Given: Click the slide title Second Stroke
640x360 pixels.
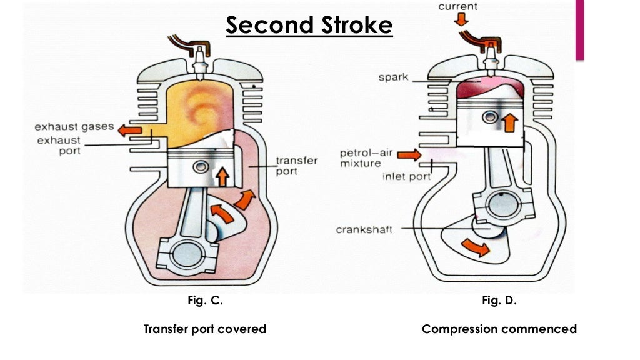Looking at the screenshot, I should coord(309,26).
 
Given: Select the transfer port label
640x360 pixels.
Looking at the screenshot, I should coord(297,166).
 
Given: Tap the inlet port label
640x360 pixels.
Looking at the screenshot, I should coord(407,176).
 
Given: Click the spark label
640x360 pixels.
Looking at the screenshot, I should coord(393,77).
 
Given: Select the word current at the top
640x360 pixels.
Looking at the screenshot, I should coord(457,7).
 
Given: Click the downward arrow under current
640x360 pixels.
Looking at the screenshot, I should coord(461,20).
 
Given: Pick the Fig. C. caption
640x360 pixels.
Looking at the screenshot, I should coord(205,301).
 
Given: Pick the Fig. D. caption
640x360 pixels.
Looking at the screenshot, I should coord(499,301).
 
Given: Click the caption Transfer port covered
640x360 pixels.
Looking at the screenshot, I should coord(205,329).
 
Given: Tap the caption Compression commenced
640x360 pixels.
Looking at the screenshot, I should coord(499,329).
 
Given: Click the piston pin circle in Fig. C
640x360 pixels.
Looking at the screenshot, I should coord(201,167).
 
